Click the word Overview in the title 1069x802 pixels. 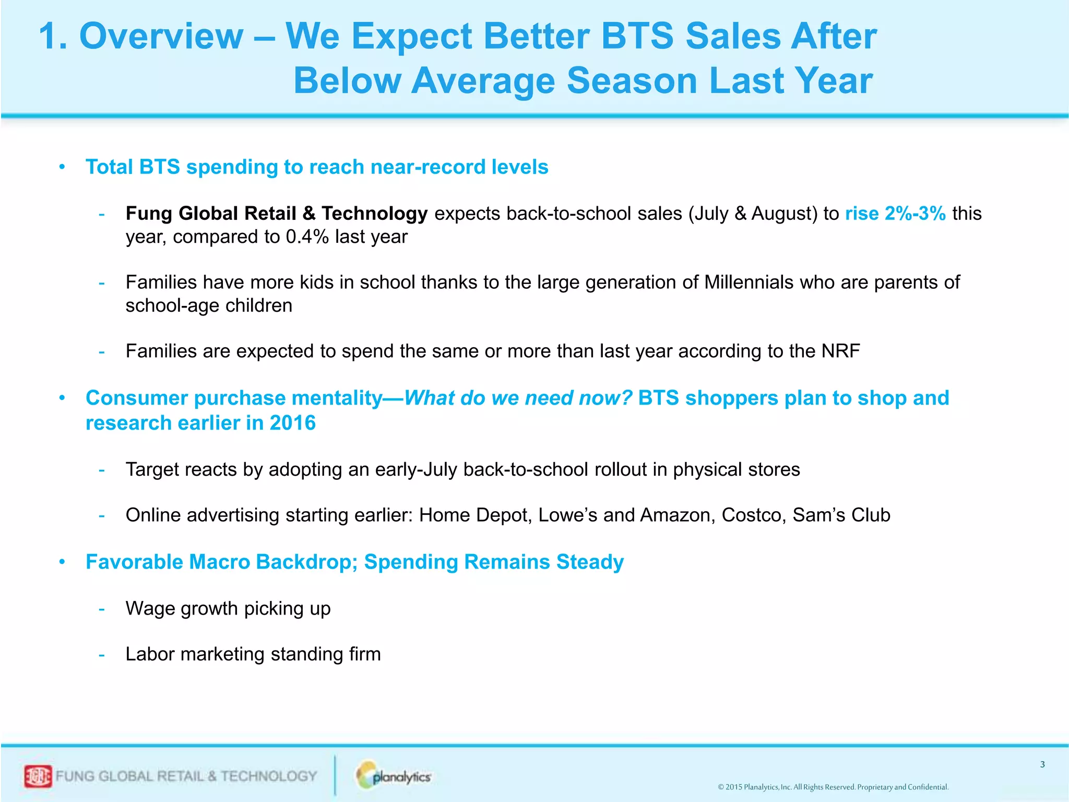[161, 37]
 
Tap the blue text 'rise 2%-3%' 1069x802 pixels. [895, 214]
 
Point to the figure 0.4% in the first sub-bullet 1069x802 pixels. [307, 237]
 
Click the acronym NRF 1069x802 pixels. [840, 351]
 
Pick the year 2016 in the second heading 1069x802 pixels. [292, 423]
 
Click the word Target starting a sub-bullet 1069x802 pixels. [152, 470]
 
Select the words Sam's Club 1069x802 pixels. [841, 515]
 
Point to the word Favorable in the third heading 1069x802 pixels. [135, 562]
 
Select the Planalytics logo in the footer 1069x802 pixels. [394, 776]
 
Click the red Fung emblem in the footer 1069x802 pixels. [38, 776]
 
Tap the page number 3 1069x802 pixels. [1042, 764]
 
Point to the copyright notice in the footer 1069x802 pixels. [833, 787]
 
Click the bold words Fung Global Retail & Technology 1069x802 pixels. [277, 214]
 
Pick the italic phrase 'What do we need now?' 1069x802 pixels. [518, 398]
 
